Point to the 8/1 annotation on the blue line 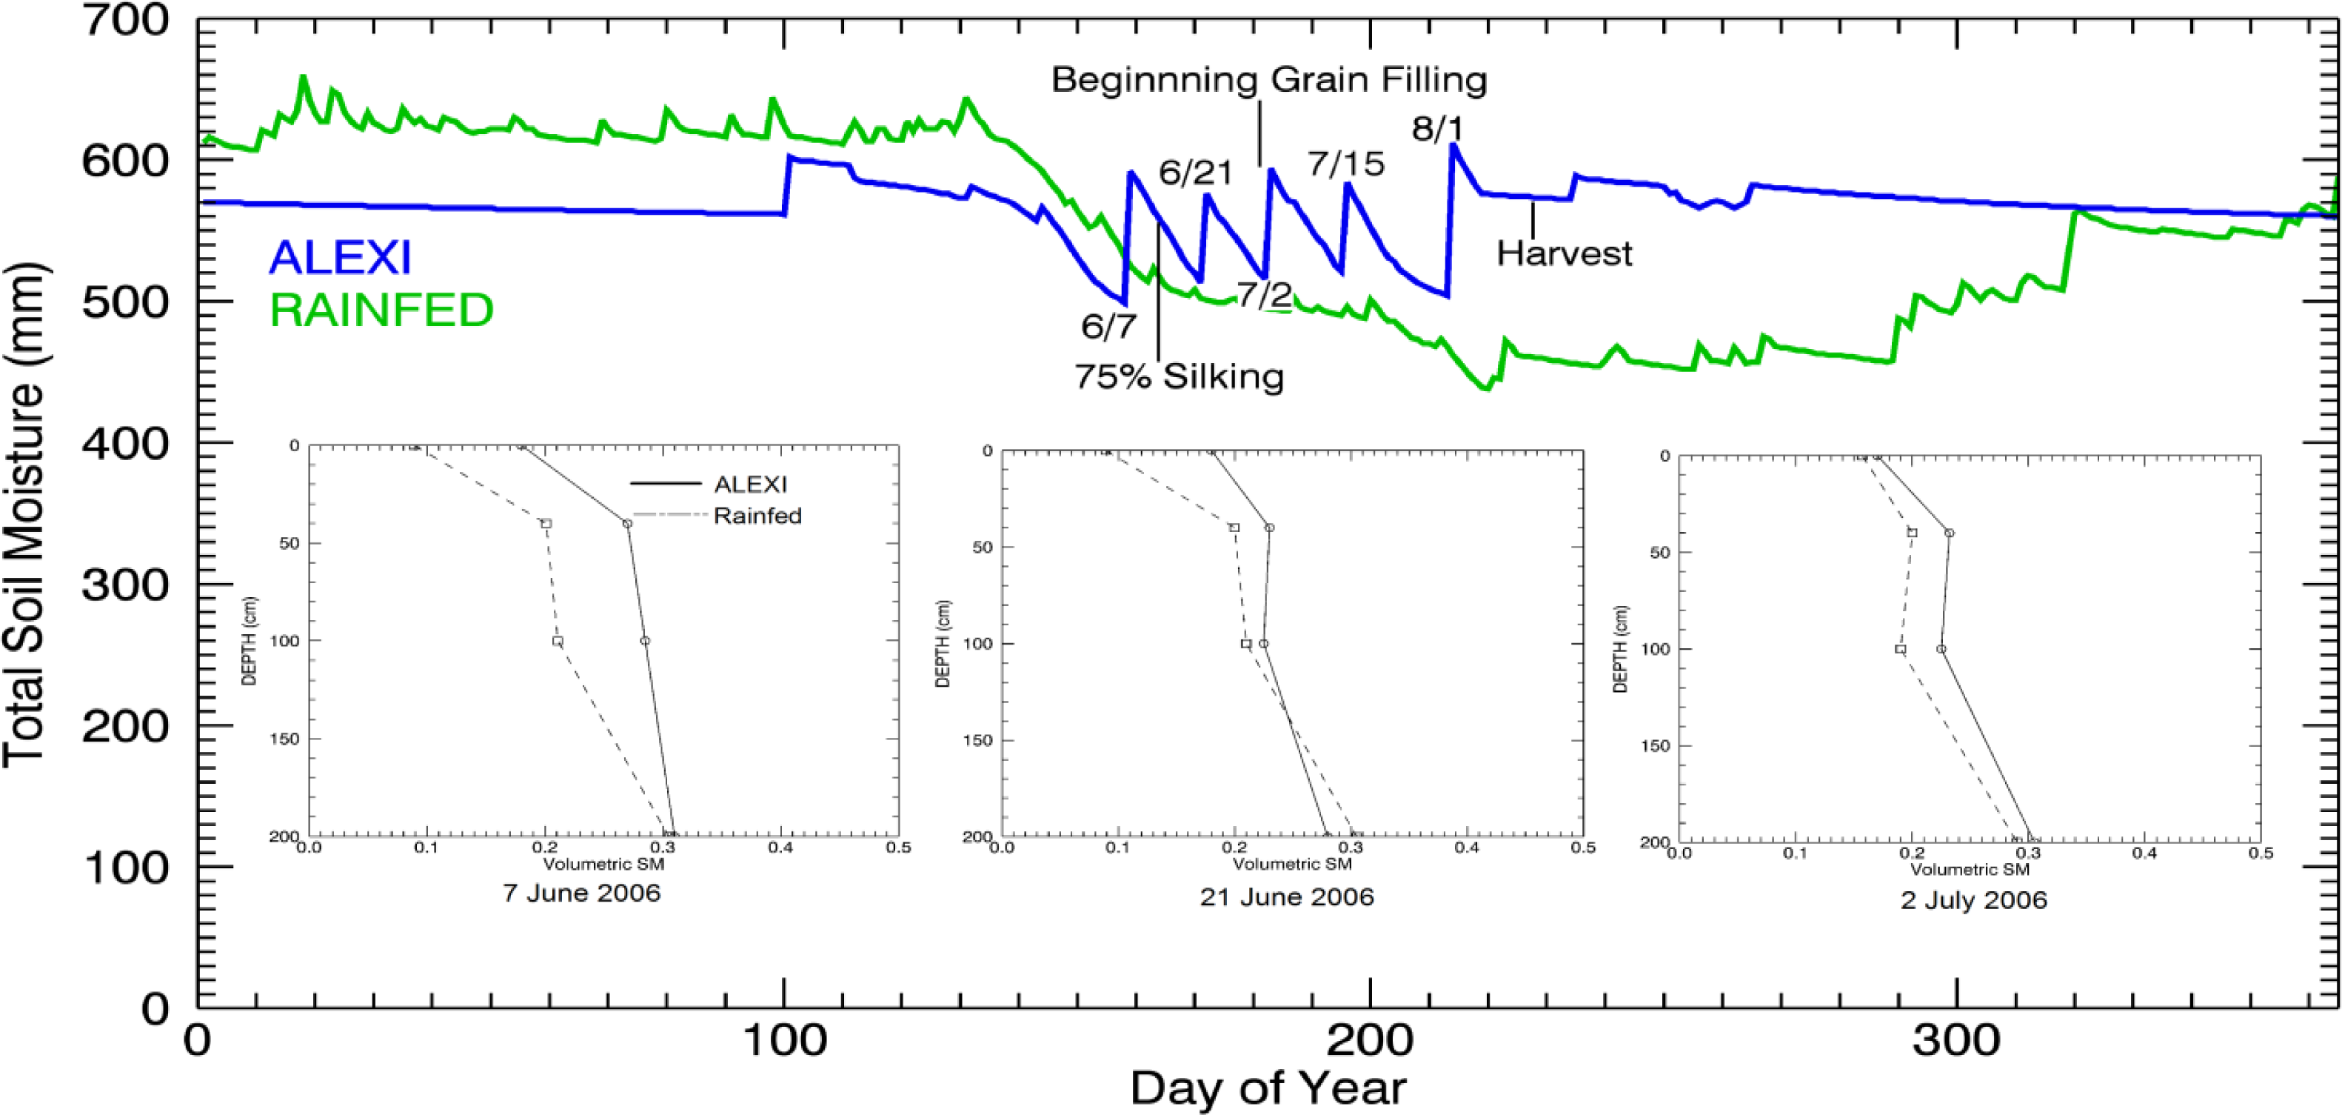(x=1437, y=129)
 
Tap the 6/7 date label (x=1108, y=325)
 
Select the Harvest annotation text (x=1564, y=253)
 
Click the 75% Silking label (x=1180, y=376)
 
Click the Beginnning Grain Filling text (x=1269, y=80)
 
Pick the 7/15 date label (x=1345, y=164)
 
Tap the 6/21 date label (x=1196, y=172)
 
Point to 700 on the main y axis (x=125, y=20)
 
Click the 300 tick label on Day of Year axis (x=1955, y=1039)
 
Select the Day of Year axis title (x=1268, y=1088)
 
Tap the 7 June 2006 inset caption (x=581, y=893)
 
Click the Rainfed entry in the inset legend (x=757, y=516)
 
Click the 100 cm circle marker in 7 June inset (x=645, y=641)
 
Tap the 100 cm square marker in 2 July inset (x=1900, y=649)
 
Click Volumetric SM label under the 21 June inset (x=1292, y=864)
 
